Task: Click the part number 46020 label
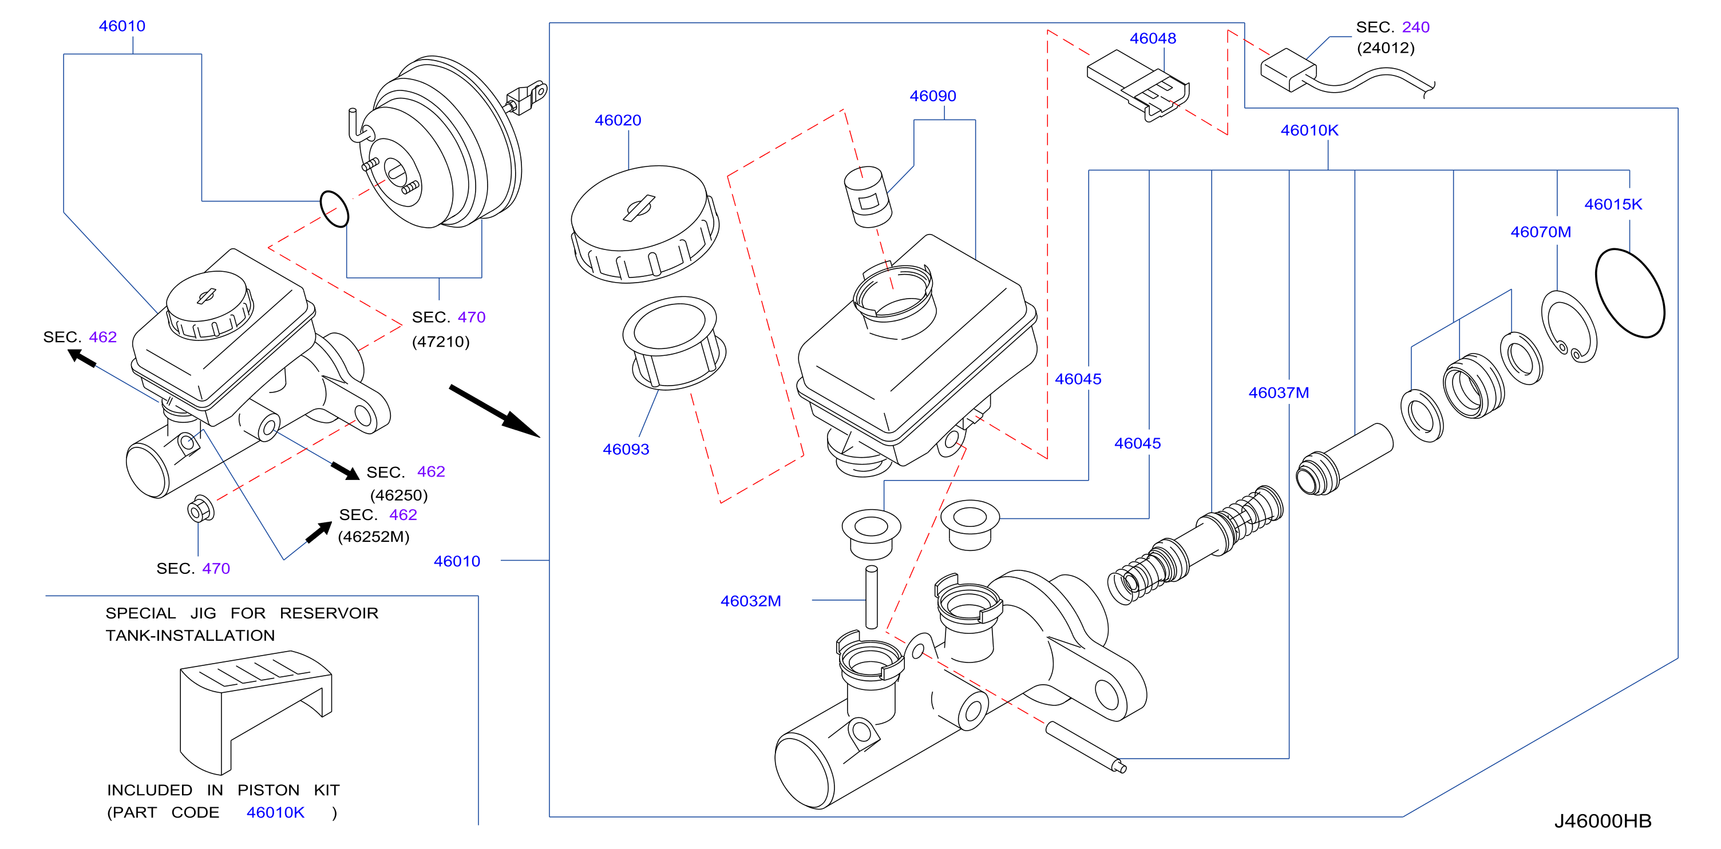pyautogui.click(x=618, y=120)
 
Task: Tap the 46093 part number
pyautogui.click(x=626, y=449)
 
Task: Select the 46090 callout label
pyautogui.click(x=933, y=96)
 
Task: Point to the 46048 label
pyautogui.click(x=1153, y=39)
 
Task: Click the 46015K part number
pyautogui.click(x=1613, y=204)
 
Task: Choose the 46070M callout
pyautogui.click(x=1541, y=232)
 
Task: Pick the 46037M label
pyautogui.click(x=1279, y=393)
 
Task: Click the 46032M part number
pyautogui.click(x=750, y=601)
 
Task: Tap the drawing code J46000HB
pyautogui.click(x=1602, y=821)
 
